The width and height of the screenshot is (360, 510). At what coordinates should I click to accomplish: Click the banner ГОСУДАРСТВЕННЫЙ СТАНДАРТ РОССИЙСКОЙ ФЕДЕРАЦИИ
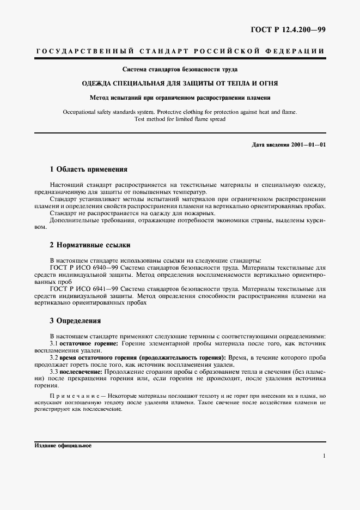coord(180,51)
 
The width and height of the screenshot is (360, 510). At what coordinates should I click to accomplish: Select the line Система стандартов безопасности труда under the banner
coord(180,70)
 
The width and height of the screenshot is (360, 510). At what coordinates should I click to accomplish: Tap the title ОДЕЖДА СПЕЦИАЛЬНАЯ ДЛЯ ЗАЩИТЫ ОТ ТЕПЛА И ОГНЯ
coord(180,84)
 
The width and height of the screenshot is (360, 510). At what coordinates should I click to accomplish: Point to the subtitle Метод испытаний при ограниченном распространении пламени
coord(180,98)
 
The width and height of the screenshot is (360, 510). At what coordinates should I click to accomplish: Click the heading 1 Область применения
coord(88,169)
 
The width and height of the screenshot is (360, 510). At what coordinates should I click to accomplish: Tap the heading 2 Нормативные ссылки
coord(90,245)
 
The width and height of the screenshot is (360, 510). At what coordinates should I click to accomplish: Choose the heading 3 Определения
coord(75,321)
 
